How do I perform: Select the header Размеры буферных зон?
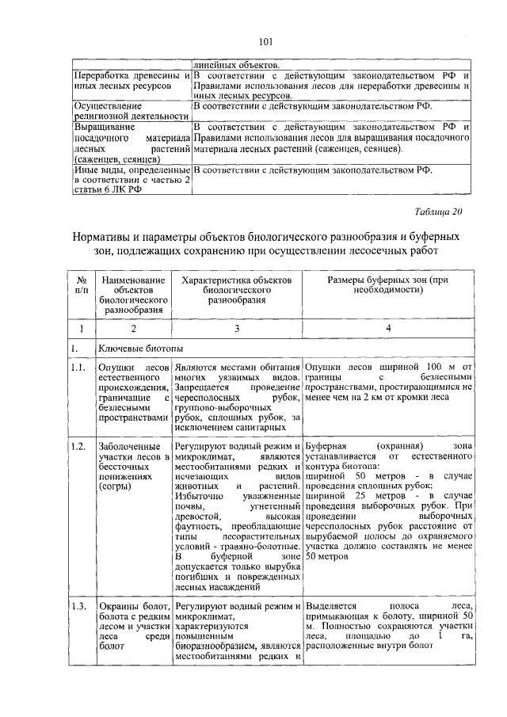point(388,285)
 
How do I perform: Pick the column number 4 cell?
point(388,327)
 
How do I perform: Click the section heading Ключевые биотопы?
point(138,348)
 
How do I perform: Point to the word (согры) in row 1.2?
point(116,486)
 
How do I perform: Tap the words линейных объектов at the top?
point(234,65)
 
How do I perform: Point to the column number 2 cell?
point(133,327)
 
